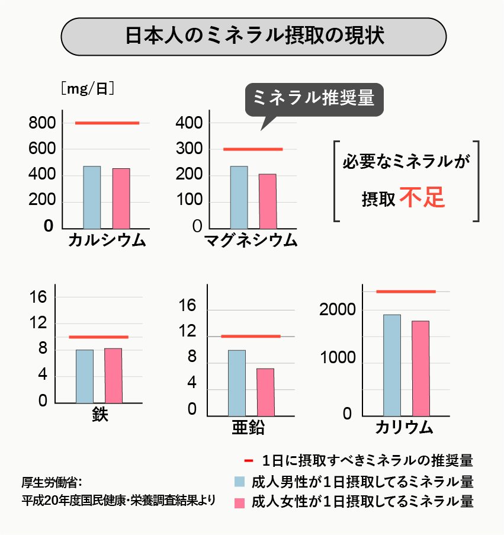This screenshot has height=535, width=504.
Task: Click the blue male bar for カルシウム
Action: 92,197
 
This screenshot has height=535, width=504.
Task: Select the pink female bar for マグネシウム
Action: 268,201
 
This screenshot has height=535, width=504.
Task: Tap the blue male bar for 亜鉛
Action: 237,383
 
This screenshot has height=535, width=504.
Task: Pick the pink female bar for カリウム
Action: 420,368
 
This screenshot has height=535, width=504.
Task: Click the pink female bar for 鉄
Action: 113,376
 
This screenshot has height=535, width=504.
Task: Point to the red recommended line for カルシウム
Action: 107,123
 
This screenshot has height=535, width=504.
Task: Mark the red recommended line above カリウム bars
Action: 406,291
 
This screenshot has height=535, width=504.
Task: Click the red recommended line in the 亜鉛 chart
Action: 251,337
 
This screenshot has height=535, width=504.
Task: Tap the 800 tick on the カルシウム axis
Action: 42,123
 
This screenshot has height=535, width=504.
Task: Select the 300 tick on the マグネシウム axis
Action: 190,149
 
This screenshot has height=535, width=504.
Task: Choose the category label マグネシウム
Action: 251,241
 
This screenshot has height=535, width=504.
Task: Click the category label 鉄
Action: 100,414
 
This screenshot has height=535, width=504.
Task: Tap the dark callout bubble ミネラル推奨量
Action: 314,98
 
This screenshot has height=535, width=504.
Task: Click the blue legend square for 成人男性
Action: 240,481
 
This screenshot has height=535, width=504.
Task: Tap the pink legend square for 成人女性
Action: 240,502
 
